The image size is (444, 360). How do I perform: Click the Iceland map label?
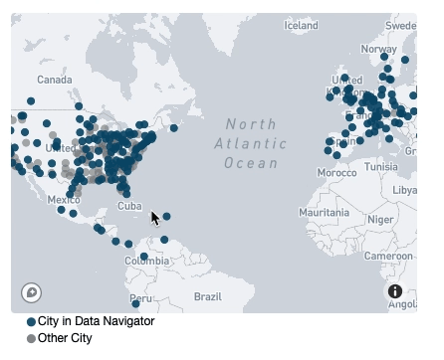tap(301, 25)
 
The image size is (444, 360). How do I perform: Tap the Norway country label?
tap(378, 49)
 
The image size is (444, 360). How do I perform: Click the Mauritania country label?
tap(325, 213)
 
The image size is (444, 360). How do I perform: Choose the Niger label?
tap(380, 219)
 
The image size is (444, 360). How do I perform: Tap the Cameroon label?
tap(395, 256)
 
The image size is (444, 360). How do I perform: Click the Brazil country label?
tap(207, 296)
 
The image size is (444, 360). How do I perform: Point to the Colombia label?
tap(146, 261)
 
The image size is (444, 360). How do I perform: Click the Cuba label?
tap(129, 206)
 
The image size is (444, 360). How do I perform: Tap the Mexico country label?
tap(64, 199)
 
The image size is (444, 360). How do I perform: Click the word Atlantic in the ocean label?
tap(244, 143)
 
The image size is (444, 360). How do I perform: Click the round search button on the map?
tap(31, 292)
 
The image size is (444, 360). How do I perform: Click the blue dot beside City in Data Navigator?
tap(31, 322)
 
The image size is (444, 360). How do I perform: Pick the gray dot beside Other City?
tap(31, 339)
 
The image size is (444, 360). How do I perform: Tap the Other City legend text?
tap(65, 339)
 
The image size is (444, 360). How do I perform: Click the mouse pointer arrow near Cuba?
tap(154, 217)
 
